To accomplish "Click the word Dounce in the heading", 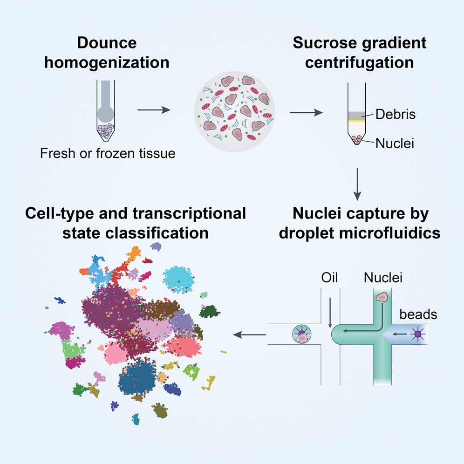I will [x=107, y=43].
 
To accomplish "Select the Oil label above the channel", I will [x=329, y=278].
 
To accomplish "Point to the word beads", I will [x=418, y=314].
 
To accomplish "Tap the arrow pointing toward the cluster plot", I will [x=250, y=334].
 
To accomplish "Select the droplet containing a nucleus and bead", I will [x=300, y=334].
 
